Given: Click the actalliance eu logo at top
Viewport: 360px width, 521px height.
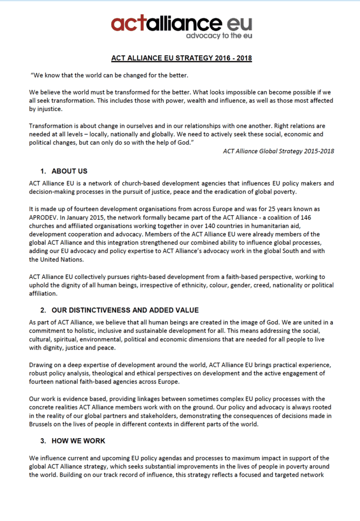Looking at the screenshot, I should pyautogui.click(x=181, y=24).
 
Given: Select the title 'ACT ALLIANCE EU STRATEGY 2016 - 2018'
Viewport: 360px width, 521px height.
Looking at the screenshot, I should pyautogui.click(x=182, y=58).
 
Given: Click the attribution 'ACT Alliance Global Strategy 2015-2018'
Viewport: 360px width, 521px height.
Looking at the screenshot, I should pyautogui.click(x=279, y=151).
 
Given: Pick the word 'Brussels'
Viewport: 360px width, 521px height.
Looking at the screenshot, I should pyautogui.click(x=43, y=423).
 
